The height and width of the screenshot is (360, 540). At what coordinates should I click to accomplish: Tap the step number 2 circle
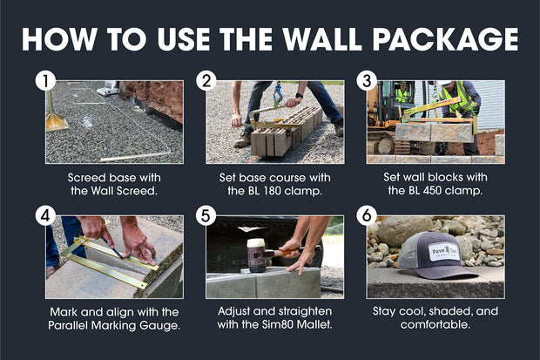pyautogui.click(x=206, y=82)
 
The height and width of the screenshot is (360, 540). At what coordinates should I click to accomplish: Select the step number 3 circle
pyautogui.click(x=367, y=82)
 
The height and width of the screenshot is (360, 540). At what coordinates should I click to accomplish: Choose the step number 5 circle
pyautogui.click(x=206, y=216)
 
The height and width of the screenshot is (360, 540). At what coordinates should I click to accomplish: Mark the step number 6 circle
pyautogui.click(x=367, y=216)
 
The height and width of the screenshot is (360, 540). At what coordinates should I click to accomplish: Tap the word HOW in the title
pyautogui.click(x=62, y=38)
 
